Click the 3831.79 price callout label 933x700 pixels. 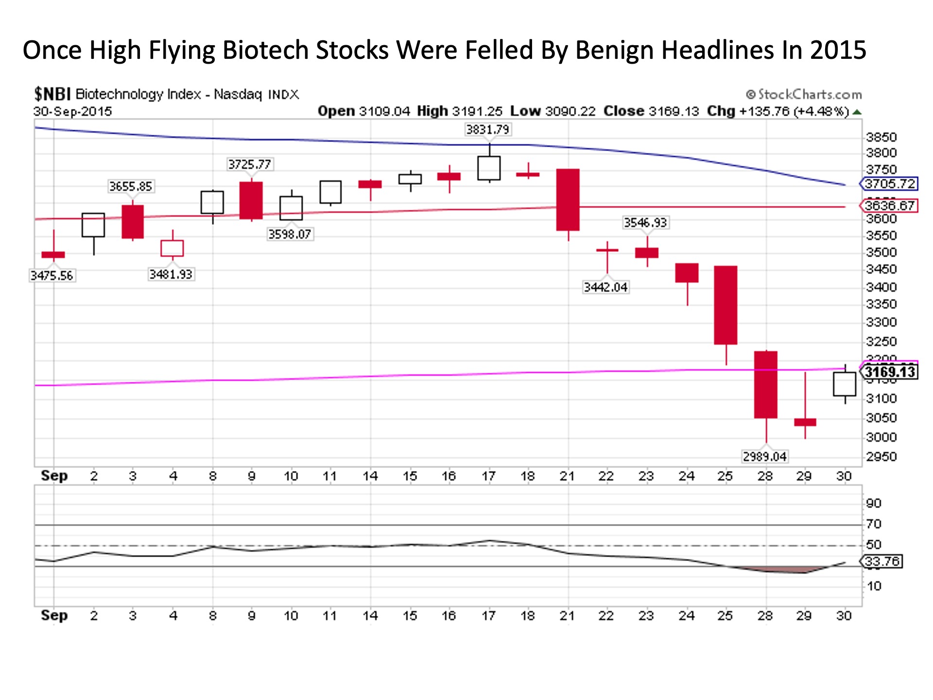tap(487, 130)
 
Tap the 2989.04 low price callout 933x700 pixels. tap(764, 456)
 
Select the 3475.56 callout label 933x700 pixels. tap(52, 276)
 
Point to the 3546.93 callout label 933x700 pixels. tap(645, 223)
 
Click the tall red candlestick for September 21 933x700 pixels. tap(568, 199)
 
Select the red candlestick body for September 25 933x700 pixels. tap(726, 305)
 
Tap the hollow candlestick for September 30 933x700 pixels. tap(845, 384)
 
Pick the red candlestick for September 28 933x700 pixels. tap(765, 384)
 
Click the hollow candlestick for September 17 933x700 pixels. tap(489, 168)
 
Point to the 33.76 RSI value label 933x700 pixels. tap(882, 561)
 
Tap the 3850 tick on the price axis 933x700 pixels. tap(881, 137)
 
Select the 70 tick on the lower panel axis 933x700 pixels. tap(873, 524)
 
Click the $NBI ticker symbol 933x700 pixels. tap(52, 94)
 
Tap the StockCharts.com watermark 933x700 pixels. tap(804, 94)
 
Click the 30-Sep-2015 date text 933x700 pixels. tap(73, 111)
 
